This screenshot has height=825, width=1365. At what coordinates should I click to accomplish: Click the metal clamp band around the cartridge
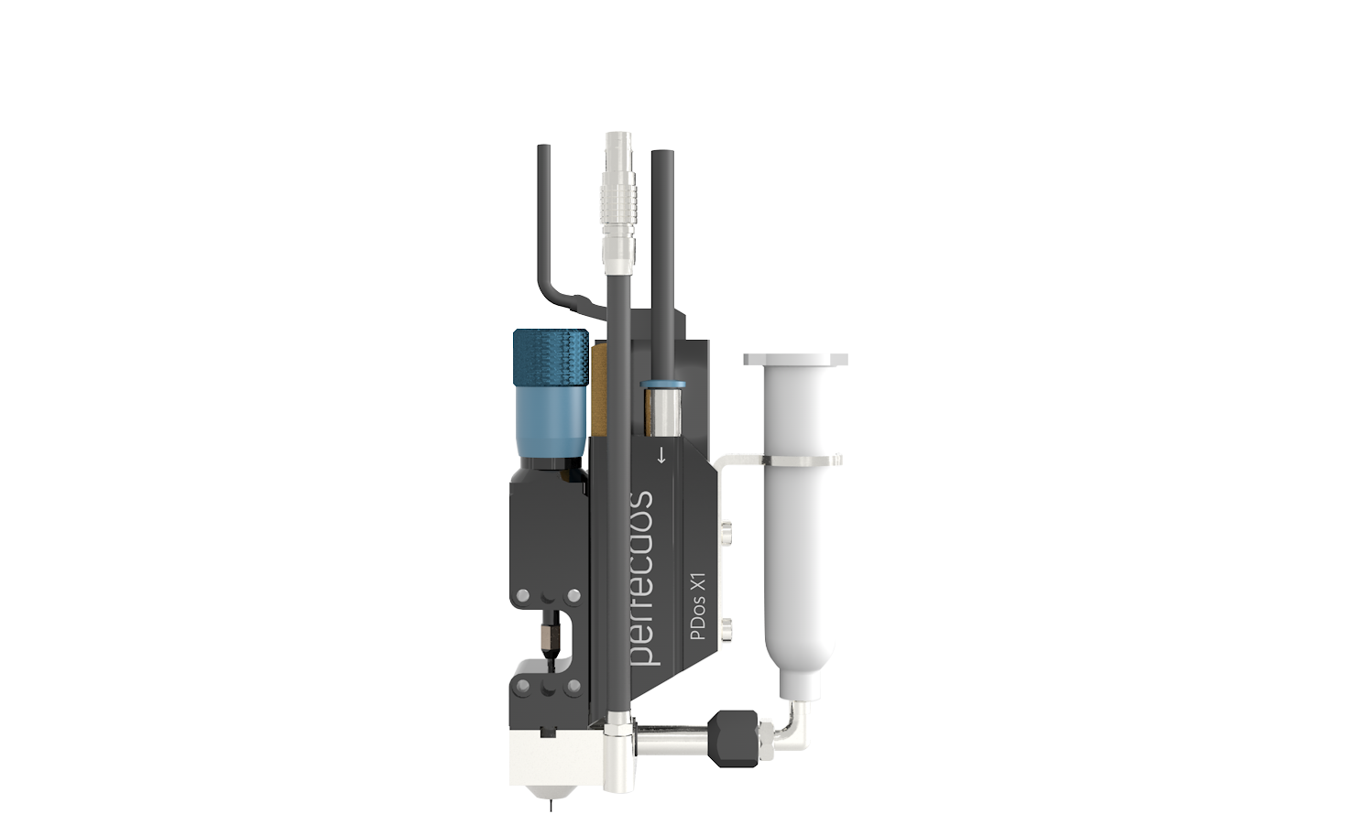792,460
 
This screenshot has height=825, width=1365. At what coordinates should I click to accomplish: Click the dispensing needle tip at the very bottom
551,805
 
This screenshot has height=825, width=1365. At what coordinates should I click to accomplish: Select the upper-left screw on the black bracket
522,597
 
